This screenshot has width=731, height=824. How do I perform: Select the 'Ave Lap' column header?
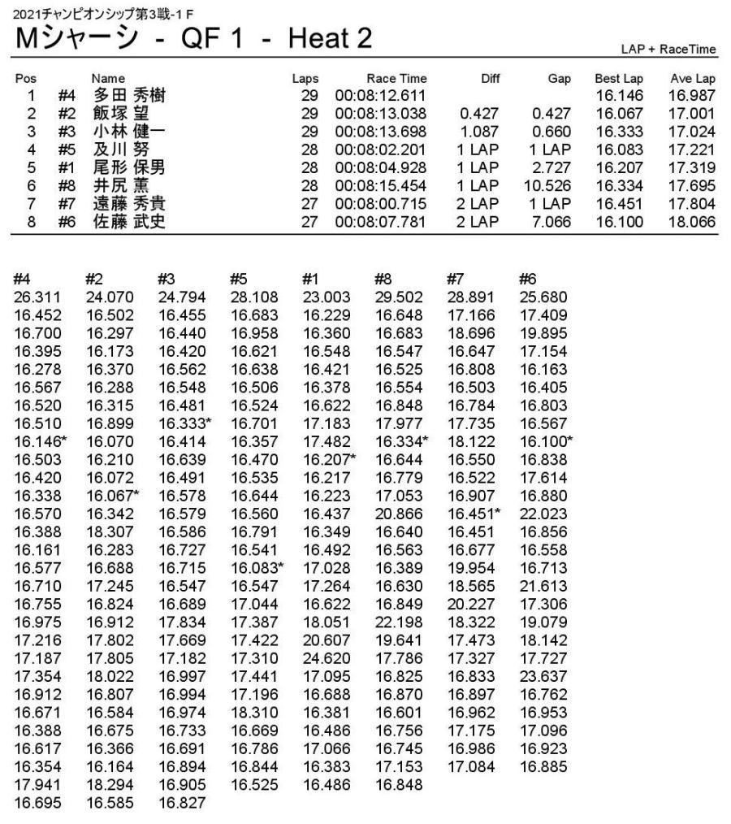(x=693, y=79)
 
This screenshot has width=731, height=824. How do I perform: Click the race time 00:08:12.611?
(x=381, y=95)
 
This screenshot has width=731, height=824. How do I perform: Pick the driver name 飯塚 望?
(x=119, y=111)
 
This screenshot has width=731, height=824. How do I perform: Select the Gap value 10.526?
(x=551, y=190)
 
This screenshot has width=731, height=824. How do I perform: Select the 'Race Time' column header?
(x=396, y=79)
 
